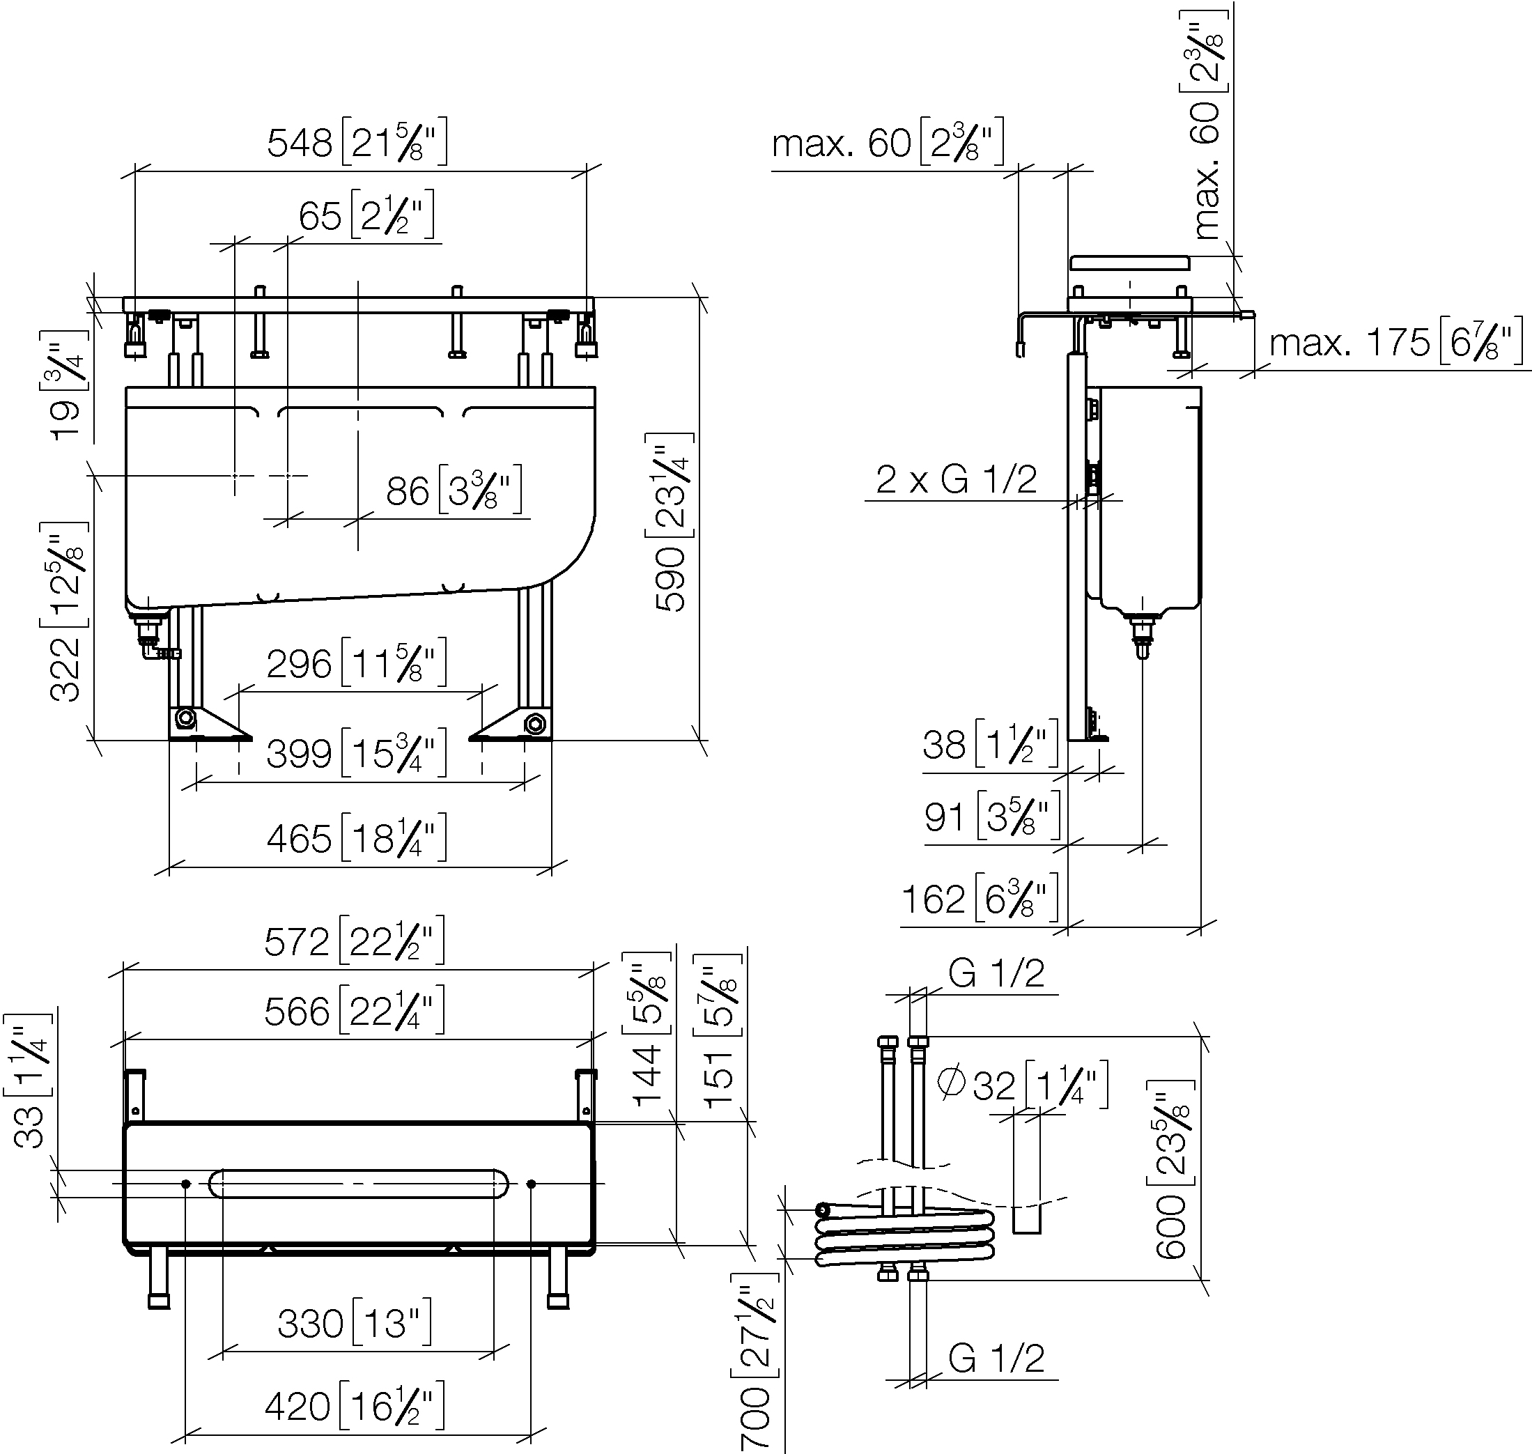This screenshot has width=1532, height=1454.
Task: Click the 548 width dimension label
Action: click(299, 143)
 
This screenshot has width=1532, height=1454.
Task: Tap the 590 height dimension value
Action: click(671, 580)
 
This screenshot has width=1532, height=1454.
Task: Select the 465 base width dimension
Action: click(298, 839)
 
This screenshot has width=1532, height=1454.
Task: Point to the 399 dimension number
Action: click(298, 753)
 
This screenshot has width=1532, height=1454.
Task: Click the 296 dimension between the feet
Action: click(298, 664)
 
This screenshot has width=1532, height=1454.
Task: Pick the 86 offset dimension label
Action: click(408, 491)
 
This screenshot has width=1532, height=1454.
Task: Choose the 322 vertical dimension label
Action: click(64, 669)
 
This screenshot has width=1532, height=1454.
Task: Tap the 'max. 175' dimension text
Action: click(1349, 342)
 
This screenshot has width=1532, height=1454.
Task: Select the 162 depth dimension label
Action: click(933, 899)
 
